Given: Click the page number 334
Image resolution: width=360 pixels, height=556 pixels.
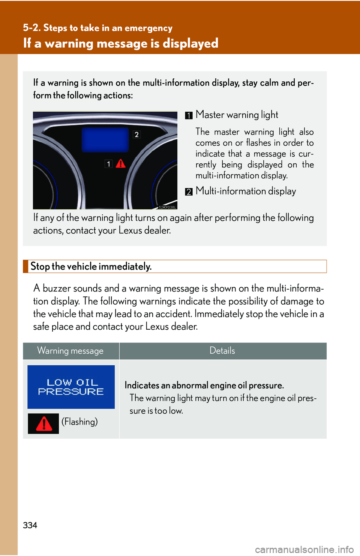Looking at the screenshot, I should click(30, 525).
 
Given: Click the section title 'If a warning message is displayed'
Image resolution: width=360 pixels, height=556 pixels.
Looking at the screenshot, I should click(121, 43).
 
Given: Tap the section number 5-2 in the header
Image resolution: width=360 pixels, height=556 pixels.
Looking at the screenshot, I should click(31, 28).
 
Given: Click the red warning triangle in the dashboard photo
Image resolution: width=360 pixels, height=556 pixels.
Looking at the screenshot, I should click(121, 164).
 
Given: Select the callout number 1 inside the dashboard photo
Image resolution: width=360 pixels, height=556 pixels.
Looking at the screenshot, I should click(108, 164).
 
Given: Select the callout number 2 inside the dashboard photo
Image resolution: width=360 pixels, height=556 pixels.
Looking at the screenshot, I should click(137, 135).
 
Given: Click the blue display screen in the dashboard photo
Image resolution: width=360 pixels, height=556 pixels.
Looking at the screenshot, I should click(105, 140).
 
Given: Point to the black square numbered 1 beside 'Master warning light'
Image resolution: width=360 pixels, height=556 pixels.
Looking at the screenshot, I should click(189, 115).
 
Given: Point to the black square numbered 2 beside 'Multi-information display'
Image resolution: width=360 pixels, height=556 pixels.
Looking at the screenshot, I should click(189, 192).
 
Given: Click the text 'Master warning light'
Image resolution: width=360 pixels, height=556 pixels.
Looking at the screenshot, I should click(237, 115).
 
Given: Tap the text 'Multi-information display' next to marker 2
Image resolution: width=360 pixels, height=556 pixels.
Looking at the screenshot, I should click(246, 191).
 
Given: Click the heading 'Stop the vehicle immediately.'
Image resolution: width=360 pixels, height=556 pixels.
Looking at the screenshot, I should click(91, 266).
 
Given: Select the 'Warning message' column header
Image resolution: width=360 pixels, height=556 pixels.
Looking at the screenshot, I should click(70, 351).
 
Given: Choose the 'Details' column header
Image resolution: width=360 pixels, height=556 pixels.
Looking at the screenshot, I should click(222, 351).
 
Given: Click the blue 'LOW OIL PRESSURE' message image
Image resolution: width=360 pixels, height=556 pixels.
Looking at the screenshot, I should click(71, 387).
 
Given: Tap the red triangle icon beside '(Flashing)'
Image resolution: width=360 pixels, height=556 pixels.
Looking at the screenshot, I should click(43, 424).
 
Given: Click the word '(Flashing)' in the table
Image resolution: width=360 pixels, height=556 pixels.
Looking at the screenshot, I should click(79, 422).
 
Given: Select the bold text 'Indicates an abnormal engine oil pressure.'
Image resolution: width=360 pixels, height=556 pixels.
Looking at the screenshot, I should click(204, 386).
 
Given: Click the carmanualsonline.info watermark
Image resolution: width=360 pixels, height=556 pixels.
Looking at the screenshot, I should click(304, 550).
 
